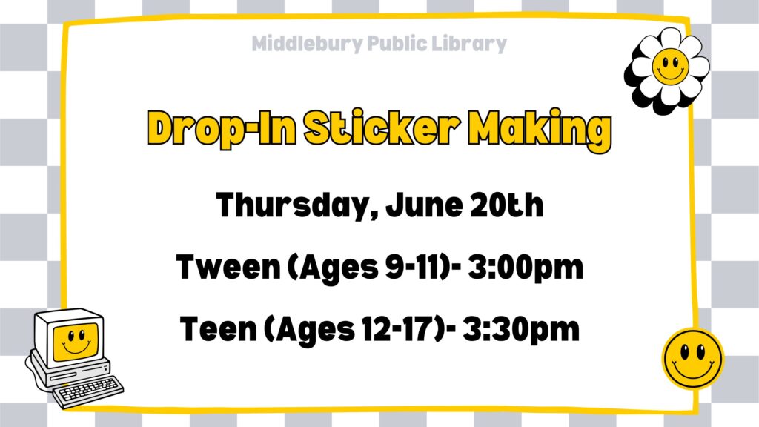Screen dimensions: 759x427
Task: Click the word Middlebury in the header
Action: click(x=307, y=44)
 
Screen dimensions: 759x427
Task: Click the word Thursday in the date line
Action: click(x=293, y=205)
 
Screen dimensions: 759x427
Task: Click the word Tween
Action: click(x=228, y=267)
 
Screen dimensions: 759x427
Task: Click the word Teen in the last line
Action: click(x=218, y=328)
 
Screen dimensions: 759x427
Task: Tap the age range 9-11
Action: click(x=416, y=267)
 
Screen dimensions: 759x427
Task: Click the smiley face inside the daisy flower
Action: click(x=670, y=66)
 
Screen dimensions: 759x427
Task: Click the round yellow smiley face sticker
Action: click(x=693, y=359)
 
